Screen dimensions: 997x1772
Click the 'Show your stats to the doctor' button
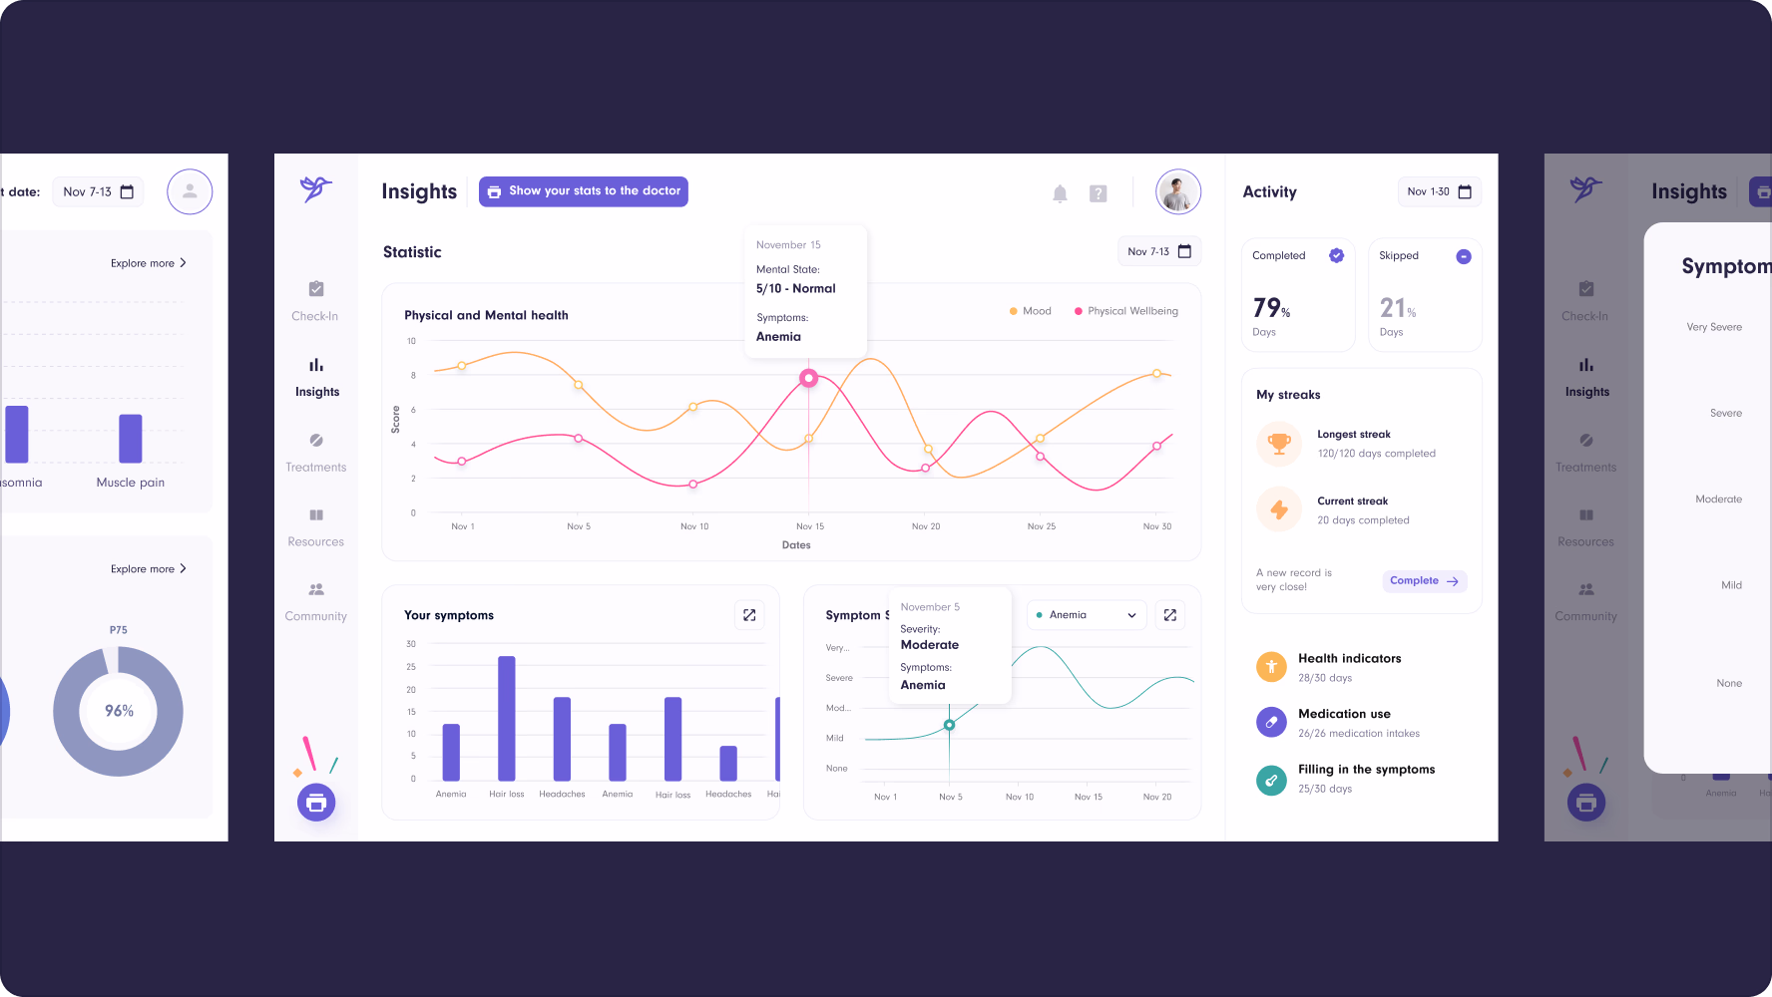584,191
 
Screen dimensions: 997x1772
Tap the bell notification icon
1060,193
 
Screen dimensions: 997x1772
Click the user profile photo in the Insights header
1177,191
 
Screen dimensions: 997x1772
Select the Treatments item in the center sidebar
316,452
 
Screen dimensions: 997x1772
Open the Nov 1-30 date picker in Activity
1439,191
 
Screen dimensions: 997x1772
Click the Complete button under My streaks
1424,581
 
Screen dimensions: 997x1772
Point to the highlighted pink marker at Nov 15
809,378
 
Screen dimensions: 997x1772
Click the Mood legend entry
1030,311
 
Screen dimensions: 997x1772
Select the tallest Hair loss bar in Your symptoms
507,718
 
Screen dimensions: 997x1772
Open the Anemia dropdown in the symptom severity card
1087,615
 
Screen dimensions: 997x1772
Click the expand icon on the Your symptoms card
749,615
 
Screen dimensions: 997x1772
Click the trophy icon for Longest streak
1279,443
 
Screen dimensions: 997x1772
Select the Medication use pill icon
1271,722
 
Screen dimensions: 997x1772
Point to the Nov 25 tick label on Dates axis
1041,526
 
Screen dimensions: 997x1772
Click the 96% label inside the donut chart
119,711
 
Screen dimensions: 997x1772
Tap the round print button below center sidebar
316,802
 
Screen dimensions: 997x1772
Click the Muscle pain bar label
131,483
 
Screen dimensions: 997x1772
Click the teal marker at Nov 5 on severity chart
949,725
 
